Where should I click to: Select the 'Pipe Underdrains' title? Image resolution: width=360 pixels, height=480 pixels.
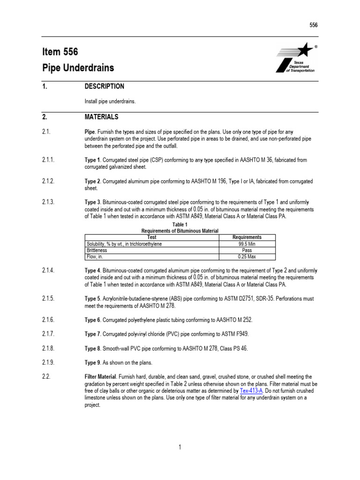tap(78, 68)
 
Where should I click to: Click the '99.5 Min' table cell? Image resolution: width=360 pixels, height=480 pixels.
tap(247, 244)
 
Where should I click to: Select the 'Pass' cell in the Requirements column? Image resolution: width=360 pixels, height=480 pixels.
tap(247, 251)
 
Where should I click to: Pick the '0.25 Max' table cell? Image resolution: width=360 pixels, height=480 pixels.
tap(247, 257)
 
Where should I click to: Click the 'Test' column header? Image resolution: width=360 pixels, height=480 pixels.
tap(152, 238)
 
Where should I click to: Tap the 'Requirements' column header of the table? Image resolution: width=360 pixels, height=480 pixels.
tap(247, 238)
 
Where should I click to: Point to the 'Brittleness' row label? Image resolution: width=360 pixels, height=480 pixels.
tap(97, 251)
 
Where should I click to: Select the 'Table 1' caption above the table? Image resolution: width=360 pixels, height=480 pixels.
tap(180, 225)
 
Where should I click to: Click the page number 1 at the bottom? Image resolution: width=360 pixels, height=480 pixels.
tap(180, 448)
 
